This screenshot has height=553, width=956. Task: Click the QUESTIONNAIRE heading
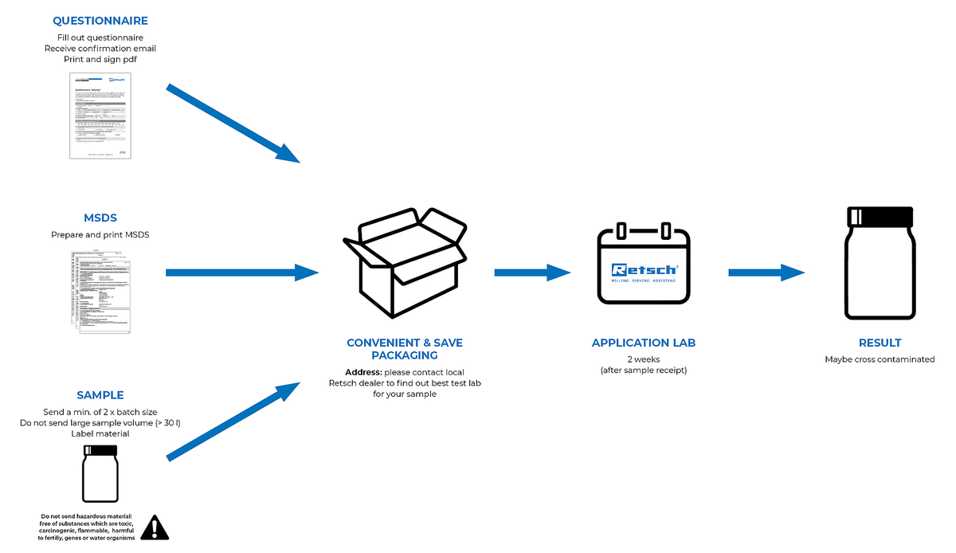[100, 21]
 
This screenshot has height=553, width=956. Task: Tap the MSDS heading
[100, 218]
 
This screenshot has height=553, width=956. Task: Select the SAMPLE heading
[100, 395]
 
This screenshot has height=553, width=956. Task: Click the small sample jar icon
[100, 473]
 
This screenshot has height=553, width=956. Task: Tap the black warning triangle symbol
[155, 527]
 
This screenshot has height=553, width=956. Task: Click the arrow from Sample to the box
[233, 422]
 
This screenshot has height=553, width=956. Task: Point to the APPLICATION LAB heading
[644, 343]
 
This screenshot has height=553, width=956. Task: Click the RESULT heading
[880, 343]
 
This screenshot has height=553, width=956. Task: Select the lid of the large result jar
[880, 215]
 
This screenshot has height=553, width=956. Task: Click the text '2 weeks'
[643, 359]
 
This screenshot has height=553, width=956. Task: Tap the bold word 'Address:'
[363, 372]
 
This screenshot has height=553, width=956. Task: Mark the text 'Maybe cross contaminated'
[880, 359]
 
